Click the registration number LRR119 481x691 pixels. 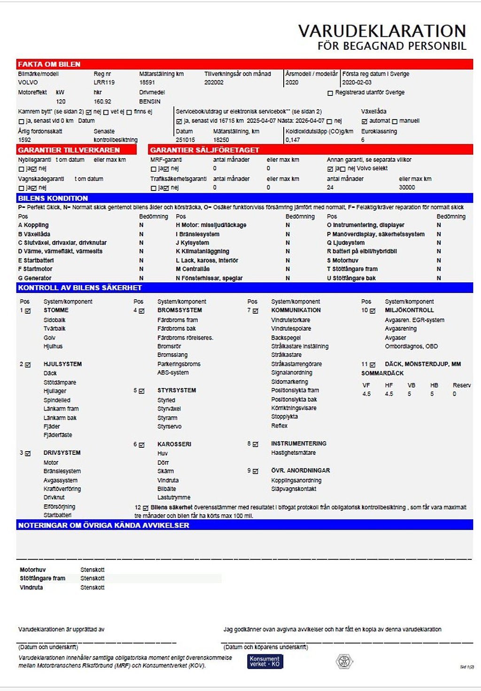104,82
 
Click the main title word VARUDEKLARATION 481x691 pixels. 382,31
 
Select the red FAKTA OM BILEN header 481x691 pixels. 49,64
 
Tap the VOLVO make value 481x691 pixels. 28,82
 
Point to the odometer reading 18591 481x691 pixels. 147,82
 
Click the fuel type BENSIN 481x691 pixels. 150,101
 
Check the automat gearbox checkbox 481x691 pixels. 365,121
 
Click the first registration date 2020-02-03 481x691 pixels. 357,82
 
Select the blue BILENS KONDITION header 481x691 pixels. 53,198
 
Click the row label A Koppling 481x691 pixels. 33,225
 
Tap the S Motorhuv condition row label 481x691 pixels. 342,260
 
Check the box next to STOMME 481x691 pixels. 28,311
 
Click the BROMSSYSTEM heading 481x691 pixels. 179,310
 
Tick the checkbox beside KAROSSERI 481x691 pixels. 141,445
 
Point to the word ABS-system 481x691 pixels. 173,373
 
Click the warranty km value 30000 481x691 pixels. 407,187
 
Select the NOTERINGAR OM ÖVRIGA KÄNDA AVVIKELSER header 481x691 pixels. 103,525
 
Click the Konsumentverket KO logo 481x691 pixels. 265,661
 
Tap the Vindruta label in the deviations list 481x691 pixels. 31,588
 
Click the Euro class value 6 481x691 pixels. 363,140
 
